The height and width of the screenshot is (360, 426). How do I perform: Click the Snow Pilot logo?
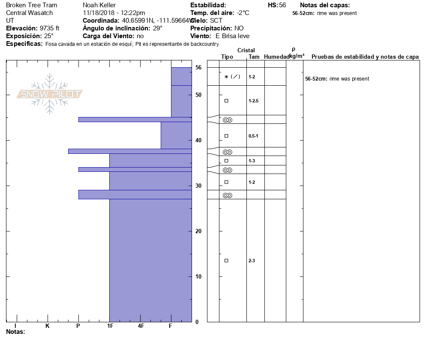click(49, 94)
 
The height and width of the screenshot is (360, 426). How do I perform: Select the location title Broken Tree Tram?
click(31, 5)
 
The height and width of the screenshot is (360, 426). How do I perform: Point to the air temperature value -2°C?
click(243, 13)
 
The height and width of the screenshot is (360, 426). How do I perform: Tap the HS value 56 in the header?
click(282, 5)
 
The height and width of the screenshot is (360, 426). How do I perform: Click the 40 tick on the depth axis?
click(198, 141)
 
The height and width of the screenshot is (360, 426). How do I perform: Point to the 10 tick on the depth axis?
click(198, 276)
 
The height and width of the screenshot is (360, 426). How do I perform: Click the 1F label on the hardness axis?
click(110, 326)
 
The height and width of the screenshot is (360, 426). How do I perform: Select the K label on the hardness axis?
click(48, 326)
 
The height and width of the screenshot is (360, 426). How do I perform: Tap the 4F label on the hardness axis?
click(141, 326)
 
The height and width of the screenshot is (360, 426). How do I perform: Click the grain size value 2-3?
click(252, 261)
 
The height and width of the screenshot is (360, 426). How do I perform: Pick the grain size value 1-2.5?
click(254, 101)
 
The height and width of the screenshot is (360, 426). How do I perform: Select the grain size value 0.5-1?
click(253, 136)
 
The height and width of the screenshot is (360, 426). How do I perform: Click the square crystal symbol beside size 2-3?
click(226, 261)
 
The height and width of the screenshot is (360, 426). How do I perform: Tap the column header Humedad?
click(276, 57)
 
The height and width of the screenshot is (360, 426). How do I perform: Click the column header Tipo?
click(227, 57)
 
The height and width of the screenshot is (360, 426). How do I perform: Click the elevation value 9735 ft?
click(49, 28)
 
